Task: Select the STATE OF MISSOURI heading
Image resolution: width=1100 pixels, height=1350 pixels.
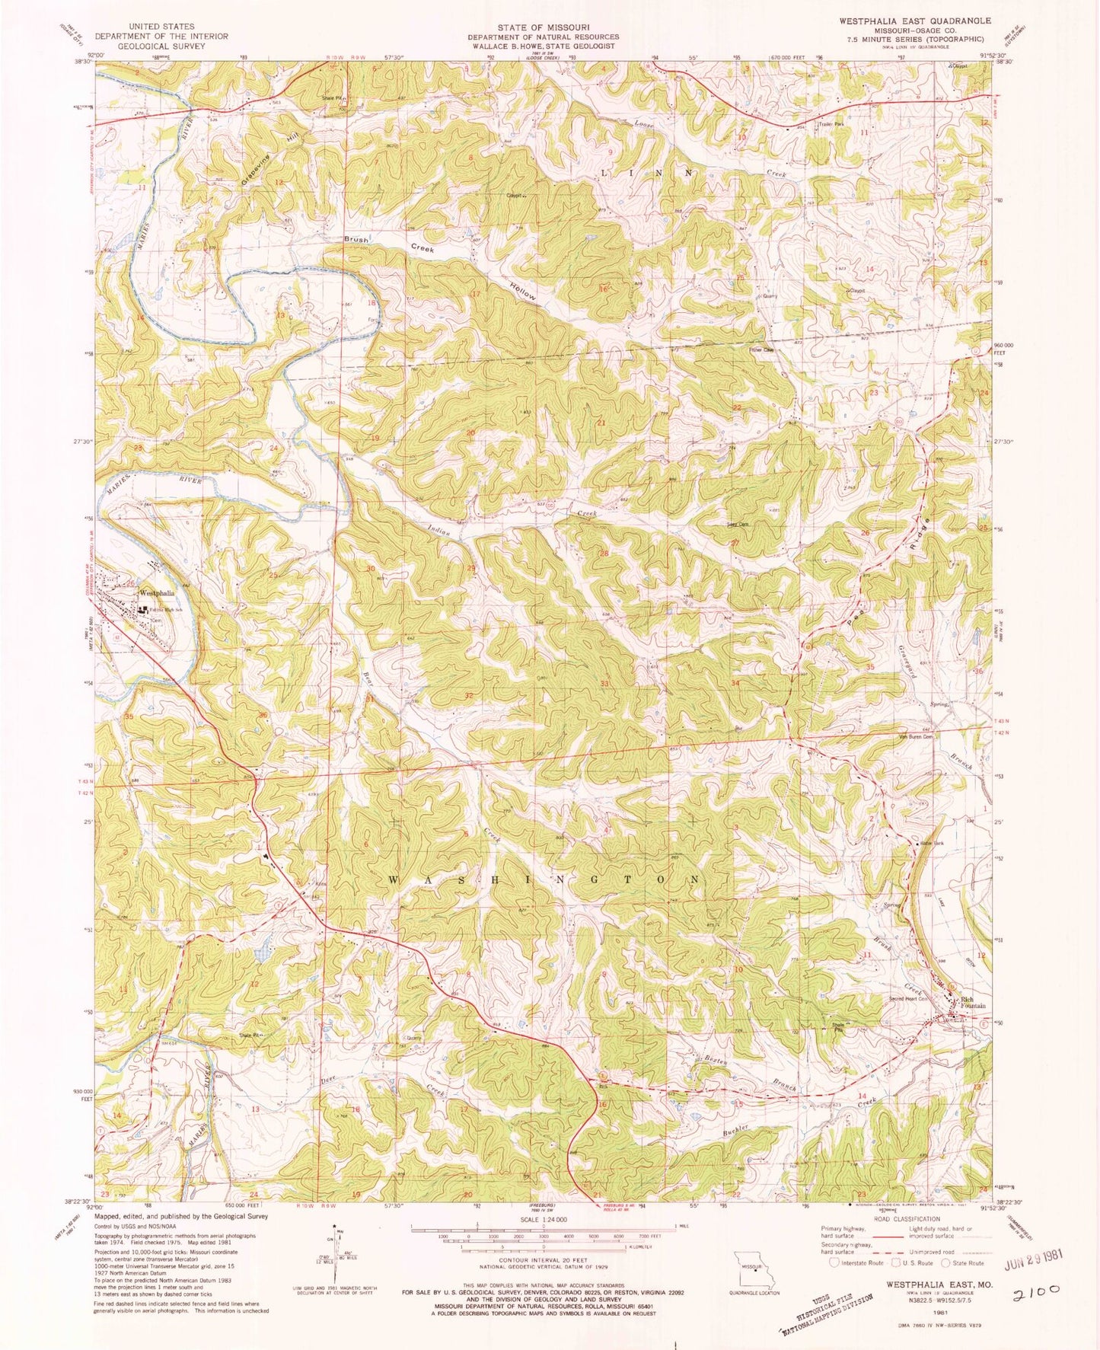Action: click(543, 26)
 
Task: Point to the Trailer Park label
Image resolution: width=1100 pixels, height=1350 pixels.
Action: click(831, 124)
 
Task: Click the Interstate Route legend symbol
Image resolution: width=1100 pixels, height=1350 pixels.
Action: click(834, 1263)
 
